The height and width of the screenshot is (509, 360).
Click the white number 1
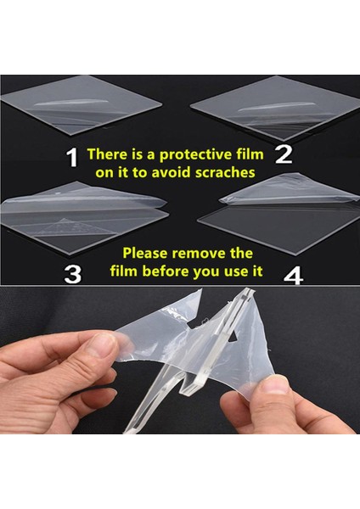72,158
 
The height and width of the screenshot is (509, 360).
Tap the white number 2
284,154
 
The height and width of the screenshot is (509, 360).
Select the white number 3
73,274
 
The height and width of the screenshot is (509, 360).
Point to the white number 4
294,277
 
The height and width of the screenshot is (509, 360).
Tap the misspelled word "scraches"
225,172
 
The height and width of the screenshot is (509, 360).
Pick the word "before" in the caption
166,271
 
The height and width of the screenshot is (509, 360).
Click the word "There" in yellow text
107,154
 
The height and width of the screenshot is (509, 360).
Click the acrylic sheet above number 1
82,104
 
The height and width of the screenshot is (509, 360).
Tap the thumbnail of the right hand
276,384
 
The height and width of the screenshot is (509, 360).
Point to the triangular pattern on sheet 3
73,227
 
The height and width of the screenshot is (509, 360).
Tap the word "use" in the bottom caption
235,271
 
